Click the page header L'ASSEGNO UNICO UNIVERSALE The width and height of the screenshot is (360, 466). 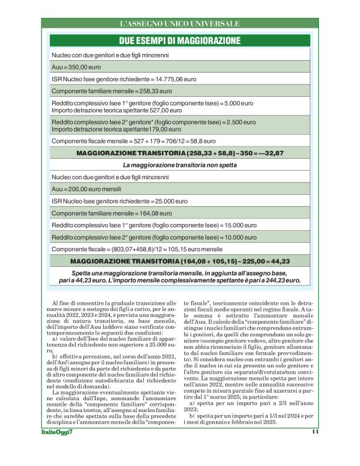[x=179, y=24]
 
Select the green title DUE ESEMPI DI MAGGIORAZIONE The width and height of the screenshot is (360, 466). [x=179, y=40]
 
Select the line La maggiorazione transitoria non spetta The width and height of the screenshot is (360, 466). [x=179, y=165]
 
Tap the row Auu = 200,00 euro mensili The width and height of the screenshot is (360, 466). [x=86, y=188]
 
